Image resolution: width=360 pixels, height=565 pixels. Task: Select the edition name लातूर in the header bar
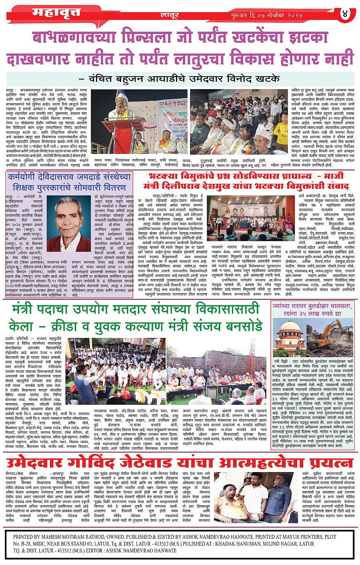click(169, 15)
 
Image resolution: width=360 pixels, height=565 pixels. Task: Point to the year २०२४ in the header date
click(293, 16)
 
